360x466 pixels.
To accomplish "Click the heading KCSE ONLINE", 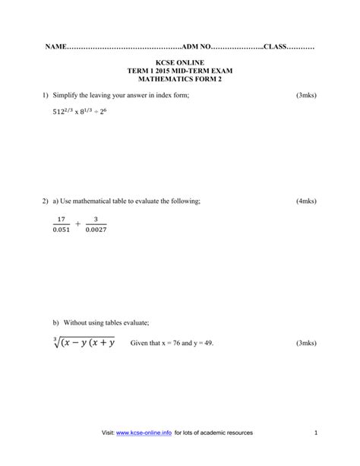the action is (x=179, y=62).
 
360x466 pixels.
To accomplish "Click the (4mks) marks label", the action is (x=306, y=201).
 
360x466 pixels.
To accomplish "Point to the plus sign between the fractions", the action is (x=77, y=224).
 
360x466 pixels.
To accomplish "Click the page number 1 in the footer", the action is (x=314, y=433).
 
